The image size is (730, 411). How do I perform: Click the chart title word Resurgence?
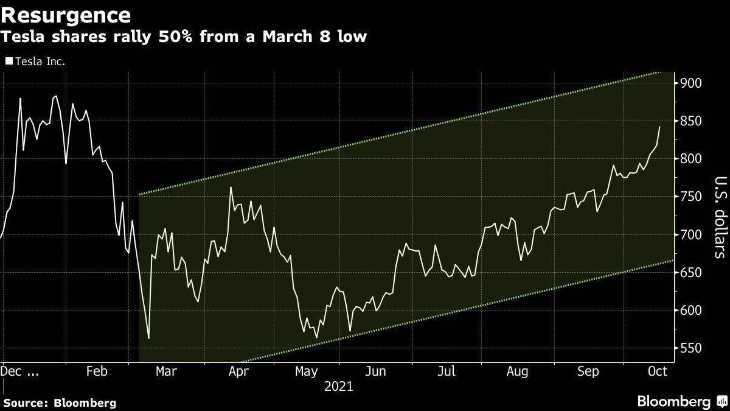pyautogui.click(x=66, y=14)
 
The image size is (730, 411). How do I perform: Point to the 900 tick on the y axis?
pyautogui.click(x=691, y=83)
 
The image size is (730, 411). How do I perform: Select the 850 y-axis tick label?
pyautogui.click(x=691, y=121)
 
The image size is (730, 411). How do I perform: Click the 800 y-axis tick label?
pyautogui.click(x=691, y=159)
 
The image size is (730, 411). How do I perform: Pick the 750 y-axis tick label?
pyautogui.click(x=691, y=197)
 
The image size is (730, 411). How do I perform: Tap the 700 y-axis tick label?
pyautogui.click(x=691, y=234)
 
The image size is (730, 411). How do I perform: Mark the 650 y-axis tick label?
pyautogui.click(x=691, y=272)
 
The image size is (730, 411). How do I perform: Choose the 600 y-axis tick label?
pyautogui.click(x=691, y=311)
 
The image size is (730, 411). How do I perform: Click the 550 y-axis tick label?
pyautogui.click(x=691, y=348)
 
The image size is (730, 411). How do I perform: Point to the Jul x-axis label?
pyautogui.click(x=447, y=371)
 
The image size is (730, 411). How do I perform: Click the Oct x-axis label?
pyautogui.click(x=658, y=371)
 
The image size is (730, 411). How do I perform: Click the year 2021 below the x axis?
pyautogui.click(x=339, y=386)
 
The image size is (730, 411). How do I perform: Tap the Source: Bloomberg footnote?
pyautogui.click(x=59, y=402)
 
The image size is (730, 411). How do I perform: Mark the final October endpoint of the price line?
pyautogui.click(x=660, y=127)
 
